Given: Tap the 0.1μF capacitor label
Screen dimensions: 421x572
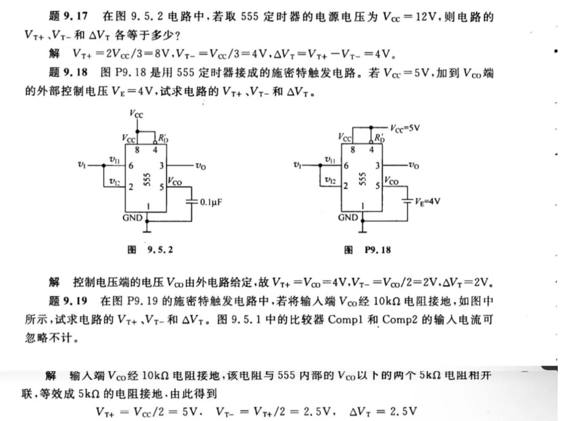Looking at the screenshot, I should coord(211,202).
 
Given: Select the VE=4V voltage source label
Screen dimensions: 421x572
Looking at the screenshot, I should coord(428,201).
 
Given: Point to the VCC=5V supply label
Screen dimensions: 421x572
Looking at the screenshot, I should coord(405,129).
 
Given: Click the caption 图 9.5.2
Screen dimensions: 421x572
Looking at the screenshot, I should coord(150,250).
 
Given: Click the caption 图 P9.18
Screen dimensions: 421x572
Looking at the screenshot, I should coord(367,250).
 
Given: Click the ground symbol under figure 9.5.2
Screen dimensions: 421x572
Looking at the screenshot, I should coord(147,229).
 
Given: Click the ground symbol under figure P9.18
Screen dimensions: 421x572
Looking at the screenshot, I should coord(363,229).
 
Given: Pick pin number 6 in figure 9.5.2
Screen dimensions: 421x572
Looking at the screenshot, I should coord(130,166).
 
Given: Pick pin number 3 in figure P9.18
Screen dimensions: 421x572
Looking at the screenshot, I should coord(378,166).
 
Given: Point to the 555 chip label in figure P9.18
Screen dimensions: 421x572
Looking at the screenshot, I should coord(363,179).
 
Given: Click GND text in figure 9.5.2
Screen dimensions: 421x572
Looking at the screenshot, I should coord(133,218).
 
